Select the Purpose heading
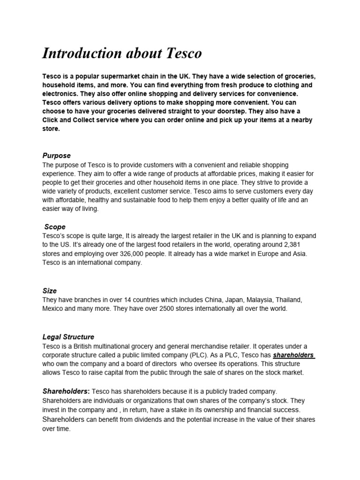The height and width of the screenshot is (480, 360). pos(56,155)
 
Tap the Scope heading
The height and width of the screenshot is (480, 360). pos(55,226)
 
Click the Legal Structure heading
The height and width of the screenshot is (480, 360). pos(68,337)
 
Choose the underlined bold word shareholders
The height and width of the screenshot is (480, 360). pos(294,355)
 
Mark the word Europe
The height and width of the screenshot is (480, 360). pos(247,254)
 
